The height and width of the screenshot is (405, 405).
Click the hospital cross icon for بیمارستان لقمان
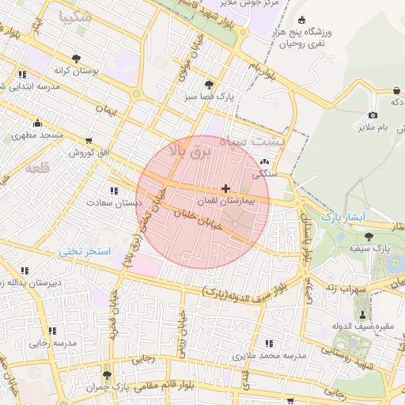[227, 189]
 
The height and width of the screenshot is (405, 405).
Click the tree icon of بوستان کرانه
[76, 59]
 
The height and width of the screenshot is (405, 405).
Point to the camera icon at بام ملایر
[373, 115]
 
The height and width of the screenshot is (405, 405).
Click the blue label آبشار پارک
[341, 215]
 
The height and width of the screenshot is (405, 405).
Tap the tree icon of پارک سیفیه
[369, 236]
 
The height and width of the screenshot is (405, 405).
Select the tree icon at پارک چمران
[107, 375]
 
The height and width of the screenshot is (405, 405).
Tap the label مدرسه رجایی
[53, 343]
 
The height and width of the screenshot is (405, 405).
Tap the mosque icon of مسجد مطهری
[37, 123]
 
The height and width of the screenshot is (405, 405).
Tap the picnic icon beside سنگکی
[263, 161]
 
